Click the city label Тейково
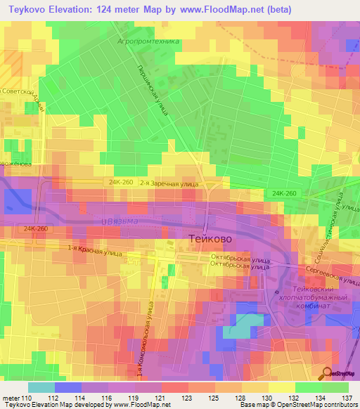(210, 238)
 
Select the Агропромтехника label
(148, 41)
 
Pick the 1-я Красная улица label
(94, 249)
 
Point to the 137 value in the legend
(345, 398)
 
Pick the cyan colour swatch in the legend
(41, 387)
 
